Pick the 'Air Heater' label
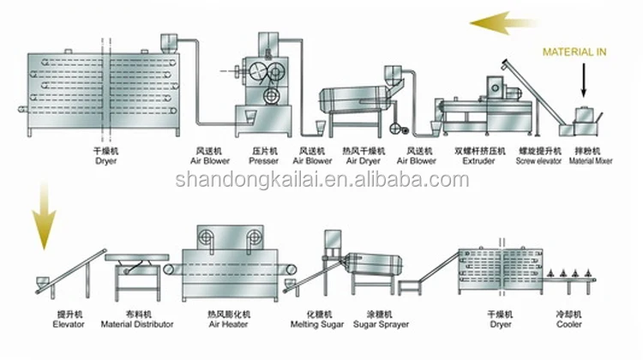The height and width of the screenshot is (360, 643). point(231,325)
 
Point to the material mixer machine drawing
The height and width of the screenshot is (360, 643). point(585,119)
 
